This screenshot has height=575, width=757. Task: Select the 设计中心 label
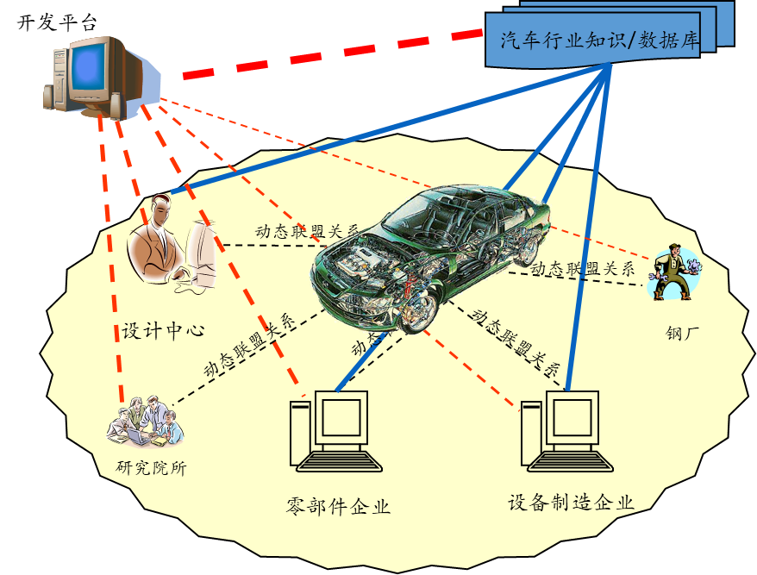tap(162, 330)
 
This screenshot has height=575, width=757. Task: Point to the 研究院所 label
tap(151, 468)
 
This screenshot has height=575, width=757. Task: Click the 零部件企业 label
tap(338, 506)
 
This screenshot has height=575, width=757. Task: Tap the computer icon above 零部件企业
tap(337, 431)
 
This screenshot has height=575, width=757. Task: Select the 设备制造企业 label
tap(571, 503)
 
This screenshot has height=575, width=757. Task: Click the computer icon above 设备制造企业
tap(569, 431)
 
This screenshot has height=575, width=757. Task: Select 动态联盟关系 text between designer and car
tap(307, 231)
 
